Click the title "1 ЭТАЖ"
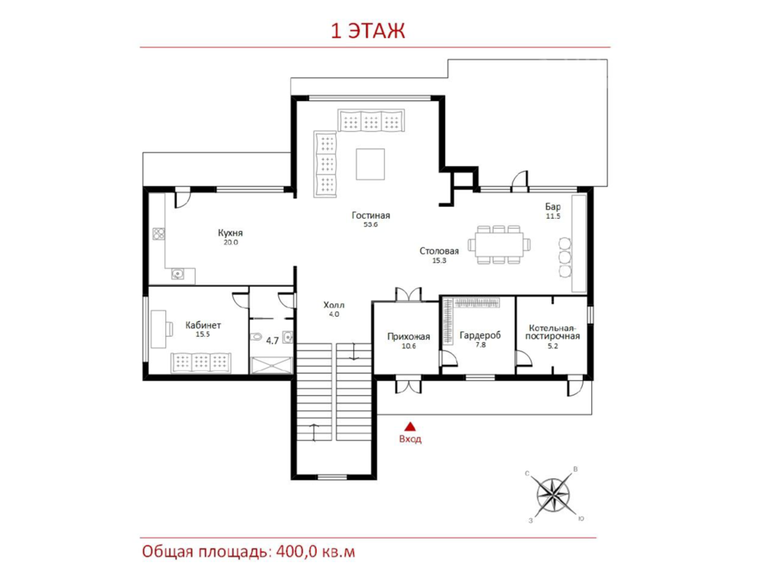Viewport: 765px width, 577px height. coord(368,31)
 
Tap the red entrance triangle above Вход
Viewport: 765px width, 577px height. coord(411,427)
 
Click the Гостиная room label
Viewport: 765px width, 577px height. coord(371,215)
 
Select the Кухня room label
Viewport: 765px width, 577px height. coord(230,233)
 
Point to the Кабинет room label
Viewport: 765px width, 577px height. coord(203,325)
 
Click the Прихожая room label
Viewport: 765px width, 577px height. coord(409,337)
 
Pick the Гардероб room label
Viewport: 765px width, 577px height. coord(480,335)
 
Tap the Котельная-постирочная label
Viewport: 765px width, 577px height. coord(553,332)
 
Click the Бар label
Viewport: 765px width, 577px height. coord(553,207)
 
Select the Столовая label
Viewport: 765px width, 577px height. coord(439,252)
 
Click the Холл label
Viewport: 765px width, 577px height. coord(334,305)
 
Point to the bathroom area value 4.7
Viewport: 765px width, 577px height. coord(272,341)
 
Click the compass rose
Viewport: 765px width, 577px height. coord(554,495)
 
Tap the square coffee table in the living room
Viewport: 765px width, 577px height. coord(370,165)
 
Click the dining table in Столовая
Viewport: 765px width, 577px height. coord(499,244)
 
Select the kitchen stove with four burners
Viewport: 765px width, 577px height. coord(158,234)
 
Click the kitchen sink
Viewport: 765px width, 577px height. coord(178,275)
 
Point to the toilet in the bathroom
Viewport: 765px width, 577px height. coord(256,337)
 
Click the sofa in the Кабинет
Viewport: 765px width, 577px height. coord(201,362)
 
